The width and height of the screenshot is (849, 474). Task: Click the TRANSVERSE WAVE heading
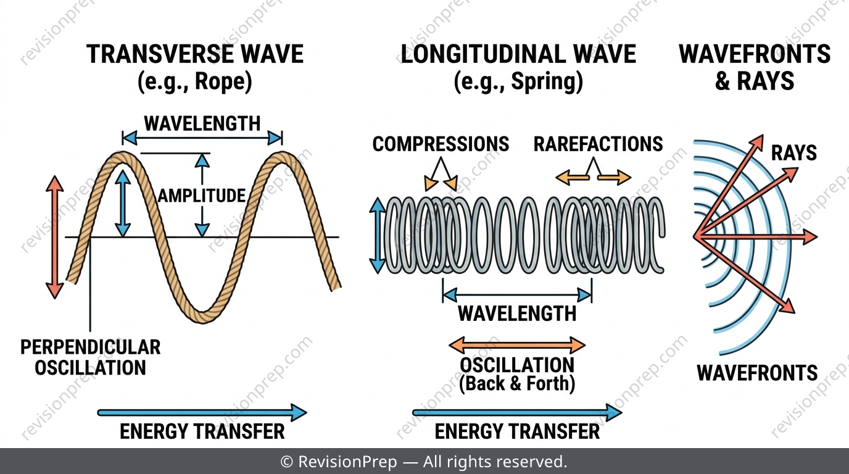coord(195,54)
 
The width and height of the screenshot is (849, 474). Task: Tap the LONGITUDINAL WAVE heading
coord(518,54)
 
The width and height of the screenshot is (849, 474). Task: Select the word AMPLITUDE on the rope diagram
coord(202,196)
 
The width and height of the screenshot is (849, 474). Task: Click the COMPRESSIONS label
coord(441,144)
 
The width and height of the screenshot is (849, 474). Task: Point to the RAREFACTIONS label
coord(598,144)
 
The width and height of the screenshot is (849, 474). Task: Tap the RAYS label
coord(793,153)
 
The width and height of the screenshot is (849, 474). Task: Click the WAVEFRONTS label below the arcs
coord(757,372)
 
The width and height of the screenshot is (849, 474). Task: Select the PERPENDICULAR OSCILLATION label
coord(90,357)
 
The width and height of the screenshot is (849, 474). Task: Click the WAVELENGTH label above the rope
coord(202,123)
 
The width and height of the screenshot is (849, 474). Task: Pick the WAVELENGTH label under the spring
coord(517,314)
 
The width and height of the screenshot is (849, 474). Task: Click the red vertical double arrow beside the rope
coord(55,238)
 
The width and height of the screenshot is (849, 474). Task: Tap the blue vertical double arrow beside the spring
coord(377,236)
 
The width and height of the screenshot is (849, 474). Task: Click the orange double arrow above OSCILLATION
coord(517,345)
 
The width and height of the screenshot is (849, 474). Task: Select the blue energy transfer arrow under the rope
coord(202,412)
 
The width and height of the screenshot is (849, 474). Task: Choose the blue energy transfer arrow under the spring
coord(517,412)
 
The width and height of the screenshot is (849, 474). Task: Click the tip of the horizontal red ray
coord(817,237)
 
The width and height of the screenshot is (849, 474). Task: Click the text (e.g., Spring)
coord(518,81)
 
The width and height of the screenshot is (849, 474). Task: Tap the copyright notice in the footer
coord(424,462)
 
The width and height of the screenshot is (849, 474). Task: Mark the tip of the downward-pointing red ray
coord(795,313)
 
